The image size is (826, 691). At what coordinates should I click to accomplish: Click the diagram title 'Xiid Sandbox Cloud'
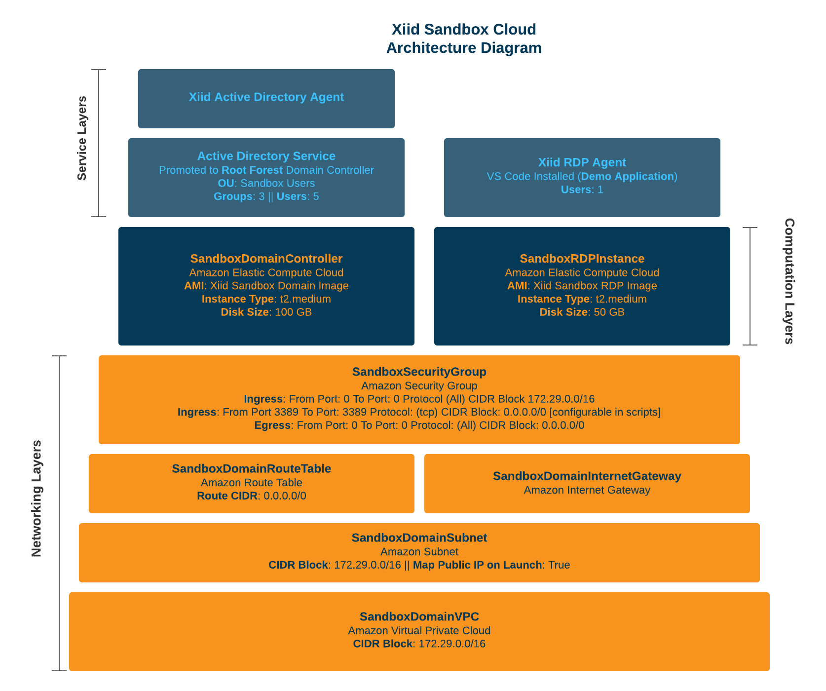tap(463, 30)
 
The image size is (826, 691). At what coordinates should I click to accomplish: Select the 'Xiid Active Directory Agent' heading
tap(266, 97)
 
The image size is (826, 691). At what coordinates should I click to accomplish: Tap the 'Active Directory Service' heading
tap(266, 156)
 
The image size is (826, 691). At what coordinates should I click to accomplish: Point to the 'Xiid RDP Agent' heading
tap(582, 163)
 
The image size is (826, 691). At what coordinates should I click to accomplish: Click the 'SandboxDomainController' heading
tap(266, 259)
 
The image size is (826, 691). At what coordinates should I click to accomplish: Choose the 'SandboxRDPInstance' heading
tap(582, 259)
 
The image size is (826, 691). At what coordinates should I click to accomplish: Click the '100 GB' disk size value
tap(293, 312)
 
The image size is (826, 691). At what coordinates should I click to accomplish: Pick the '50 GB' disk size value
tap(609, 312)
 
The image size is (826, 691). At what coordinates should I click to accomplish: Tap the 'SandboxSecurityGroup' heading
tap(419, 372)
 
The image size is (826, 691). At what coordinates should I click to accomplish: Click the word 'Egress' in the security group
tap(272, 425)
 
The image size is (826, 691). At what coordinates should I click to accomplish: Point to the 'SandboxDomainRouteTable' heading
tap(251, 469)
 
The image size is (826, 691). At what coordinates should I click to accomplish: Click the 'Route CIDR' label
tap(227, 496)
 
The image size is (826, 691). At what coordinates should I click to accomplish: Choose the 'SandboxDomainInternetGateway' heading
tap(587, 476)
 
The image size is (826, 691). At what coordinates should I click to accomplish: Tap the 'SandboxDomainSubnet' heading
tap(419, 538)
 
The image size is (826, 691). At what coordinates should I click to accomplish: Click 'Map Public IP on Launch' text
tap(477, 565)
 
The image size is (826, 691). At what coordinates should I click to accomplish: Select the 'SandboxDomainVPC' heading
tap(419, 617)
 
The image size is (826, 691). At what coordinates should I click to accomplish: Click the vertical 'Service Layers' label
tap(82, 138)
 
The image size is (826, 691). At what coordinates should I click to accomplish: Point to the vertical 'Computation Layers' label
tap(789, 281)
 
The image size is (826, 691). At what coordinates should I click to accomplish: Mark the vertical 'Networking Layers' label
tap(37, 499)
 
